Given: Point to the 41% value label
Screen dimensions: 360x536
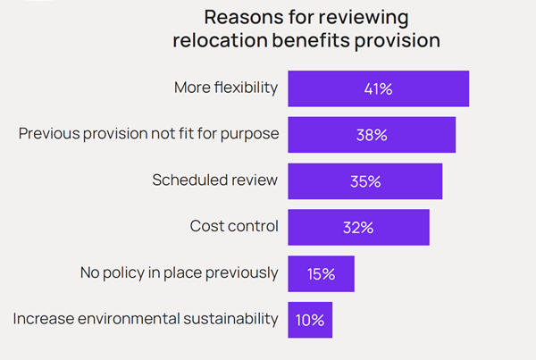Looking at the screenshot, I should pyautogui.click(x=378, y=88).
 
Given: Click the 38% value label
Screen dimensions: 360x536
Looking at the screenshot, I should pyautogui.click(x=371, y=135).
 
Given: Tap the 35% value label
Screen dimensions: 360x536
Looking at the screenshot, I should pyautogui.click(x=364, y=181).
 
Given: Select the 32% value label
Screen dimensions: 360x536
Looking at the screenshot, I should pyautogui.click(x=357, y=227).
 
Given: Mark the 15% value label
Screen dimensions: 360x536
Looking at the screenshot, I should pyautogui.click(x=321, y=273).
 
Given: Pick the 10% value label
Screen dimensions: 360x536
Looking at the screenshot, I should pyautogui.click(x=310, y=320).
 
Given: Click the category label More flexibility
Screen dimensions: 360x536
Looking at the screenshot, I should pyautogui.click(x=226, y=88).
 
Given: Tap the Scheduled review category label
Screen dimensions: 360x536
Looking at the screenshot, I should pyautogui.click(x=214, y=180).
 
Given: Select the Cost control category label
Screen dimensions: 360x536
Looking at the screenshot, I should pyautogui.click(x=234, y=226).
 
